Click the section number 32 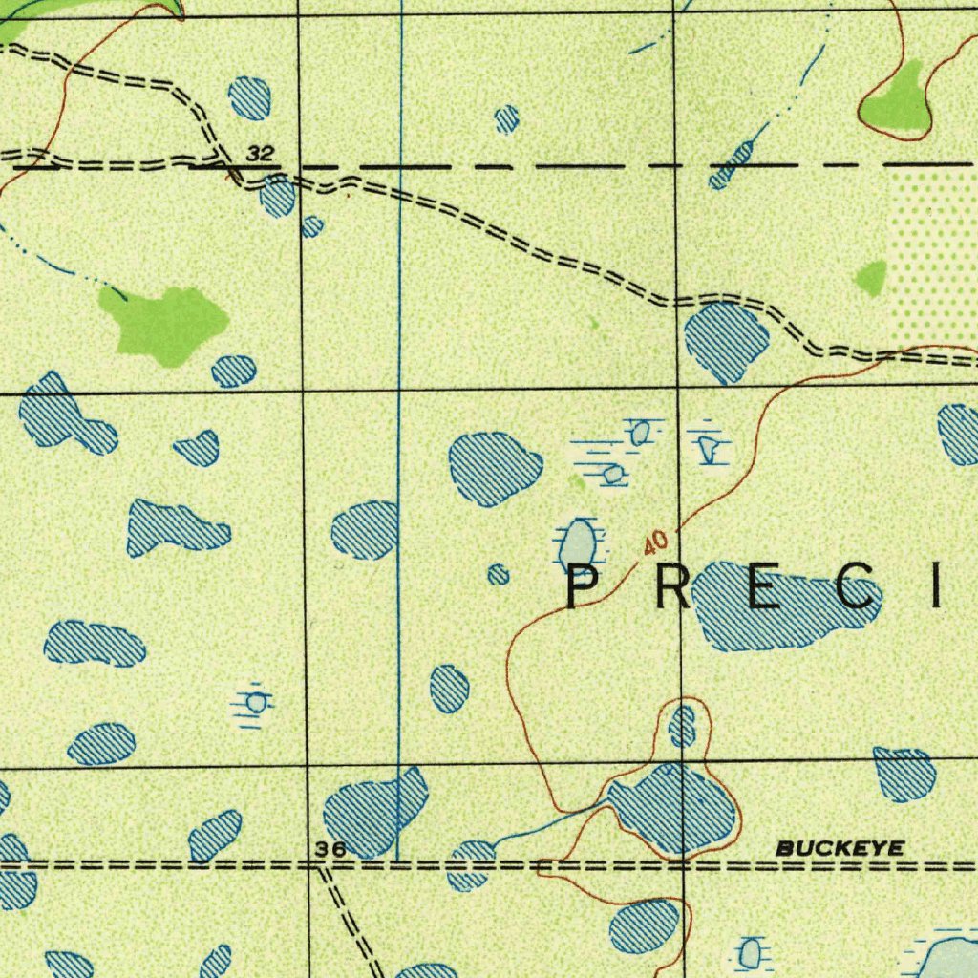click(x=259, y=153)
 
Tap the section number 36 click(x=330, y=849)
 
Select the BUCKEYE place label click(x=839, y=848)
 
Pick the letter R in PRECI click(x=672, y=586)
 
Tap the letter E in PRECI click(x=766, y=586)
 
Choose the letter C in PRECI click(x=857, y=586)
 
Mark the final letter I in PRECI click(x=940, y=586)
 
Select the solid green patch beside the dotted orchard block click(x=871, y=277)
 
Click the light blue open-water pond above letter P click(x=579, y=543)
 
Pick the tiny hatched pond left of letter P click(x=498, y=574)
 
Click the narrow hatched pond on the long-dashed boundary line click(x=732, y=165)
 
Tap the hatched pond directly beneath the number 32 click(x=278, y=195)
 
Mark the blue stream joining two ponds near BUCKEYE click(x=549, y=823)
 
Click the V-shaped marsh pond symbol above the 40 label click(x=708, y=447)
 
